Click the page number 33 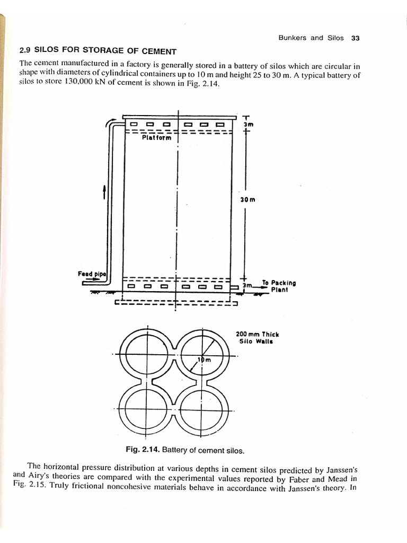point(356,38)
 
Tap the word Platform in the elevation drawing point(156,138)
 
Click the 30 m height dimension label point(248,200)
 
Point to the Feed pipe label point(92,274)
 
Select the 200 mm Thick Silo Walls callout point(257,338)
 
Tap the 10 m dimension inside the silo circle point(204,360)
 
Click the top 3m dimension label point(248,124)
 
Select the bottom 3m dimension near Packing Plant point(246,286)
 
